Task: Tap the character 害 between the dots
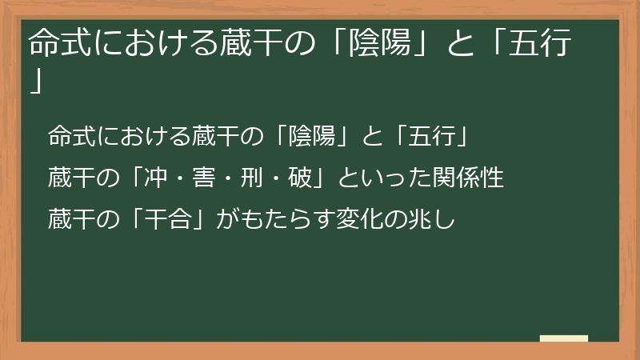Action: (x=220, y=178)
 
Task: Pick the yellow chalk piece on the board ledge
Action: (x=564, y=339)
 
